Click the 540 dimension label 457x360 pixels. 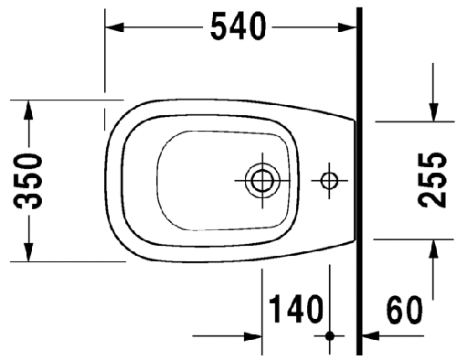point(239,27)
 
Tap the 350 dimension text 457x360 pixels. point(29,180)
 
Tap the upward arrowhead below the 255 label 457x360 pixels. point(432,246)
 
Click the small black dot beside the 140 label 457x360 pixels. point(330,335)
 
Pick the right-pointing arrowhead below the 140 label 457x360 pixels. point(255,335)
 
